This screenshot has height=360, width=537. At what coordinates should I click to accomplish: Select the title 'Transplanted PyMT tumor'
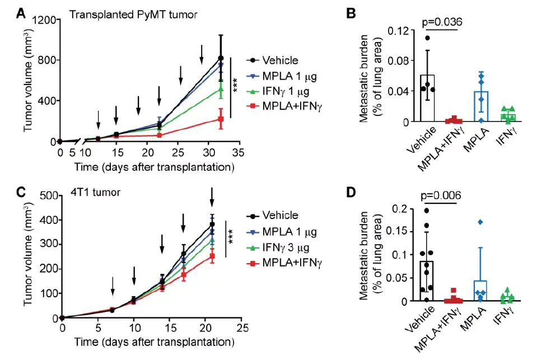click(x=133, y=14)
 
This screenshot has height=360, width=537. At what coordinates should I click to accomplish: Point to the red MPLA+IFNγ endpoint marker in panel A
click(x=221, y=119)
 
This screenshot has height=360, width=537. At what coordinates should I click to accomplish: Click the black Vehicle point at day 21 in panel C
click(x=212, y=225)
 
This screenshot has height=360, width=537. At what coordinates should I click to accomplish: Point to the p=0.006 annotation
click(x=441, y=196)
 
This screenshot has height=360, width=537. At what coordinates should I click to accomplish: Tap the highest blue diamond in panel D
click(x=480, y=222)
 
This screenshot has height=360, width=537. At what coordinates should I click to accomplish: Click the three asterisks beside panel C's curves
click(x=230, y=238)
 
